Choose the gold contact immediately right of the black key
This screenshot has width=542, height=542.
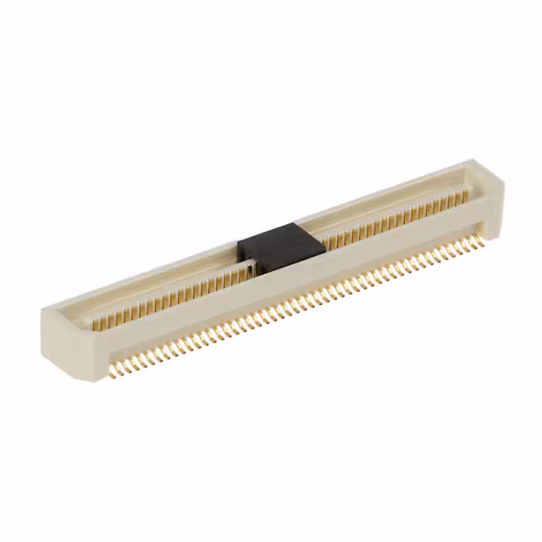click(327, 242)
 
